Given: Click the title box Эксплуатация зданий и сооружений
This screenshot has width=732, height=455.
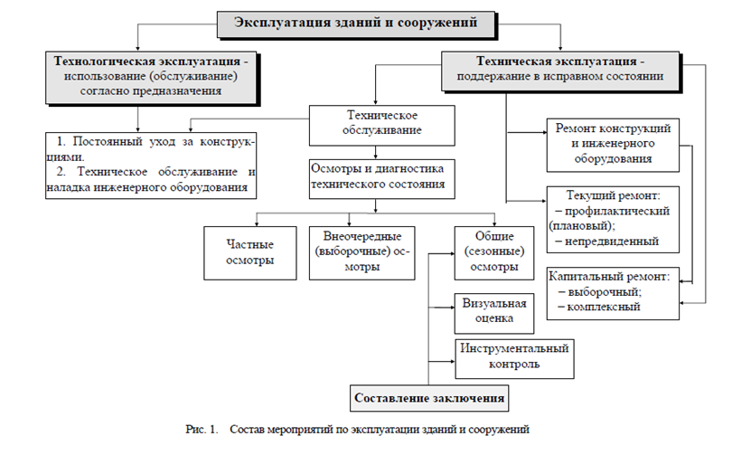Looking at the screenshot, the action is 356,24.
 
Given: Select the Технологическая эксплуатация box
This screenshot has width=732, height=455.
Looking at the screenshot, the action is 151,77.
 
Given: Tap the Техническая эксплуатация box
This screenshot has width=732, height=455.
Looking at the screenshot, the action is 560,71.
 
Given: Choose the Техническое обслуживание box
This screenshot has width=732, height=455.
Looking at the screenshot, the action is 382,125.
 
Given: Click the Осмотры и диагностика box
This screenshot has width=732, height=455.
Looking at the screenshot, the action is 382,179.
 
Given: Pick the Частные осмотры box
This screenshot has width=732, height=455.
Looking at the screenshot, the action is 250,253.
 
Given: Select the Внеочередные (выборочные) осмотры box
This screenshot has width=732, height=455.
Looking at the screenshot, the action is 361,253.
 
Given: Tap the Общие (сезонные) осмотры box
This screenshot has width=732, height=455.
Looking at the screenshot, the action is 494,253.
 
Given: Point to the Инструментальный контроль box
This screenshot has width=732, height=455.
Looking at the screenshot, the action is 514,359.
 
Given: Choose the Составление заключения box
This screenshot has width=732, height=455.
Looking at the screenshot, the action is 429,398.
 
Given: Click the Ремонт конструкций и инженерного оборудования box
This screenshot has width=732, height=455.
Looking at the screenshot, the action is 613,146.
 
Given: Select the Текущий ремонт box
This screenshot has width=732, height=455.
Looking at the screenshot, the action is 613,220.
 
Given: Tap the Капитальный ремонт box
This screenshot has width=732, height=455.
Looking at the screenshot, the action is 613,293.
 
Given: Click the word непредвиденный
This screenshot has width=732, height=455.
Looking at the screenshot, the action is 612,242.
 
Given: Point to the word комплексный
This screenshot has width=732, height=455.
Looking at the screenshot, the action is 604,307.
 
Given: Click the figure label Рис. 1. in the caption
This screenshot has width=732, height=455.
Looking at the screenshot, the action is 202,430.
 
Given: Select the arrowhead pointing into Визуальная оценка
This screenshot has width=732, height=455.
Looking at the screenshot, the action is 452,308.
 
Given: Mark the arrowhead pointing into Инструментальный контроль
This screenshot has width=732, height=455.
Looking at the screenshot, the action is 453,362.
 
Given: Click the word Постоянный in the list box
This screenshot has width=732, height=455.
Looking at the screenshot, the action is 108,141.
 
